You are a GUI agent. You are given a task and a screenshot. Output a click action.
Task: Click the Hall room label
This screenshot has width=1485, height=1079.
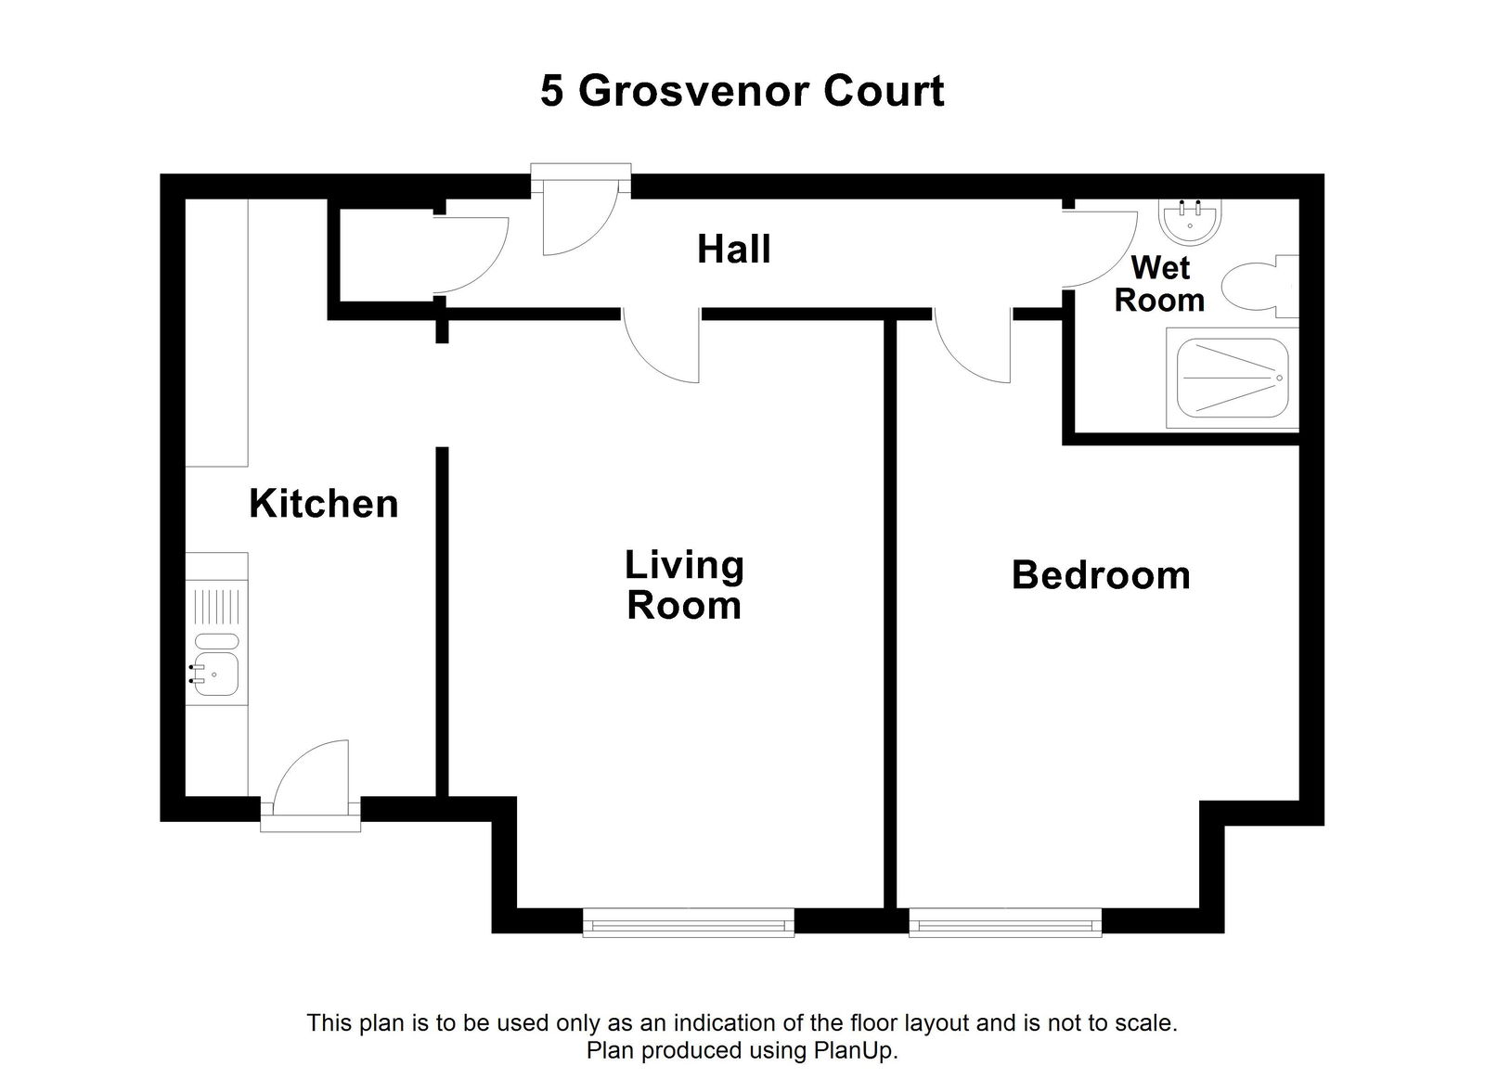(x=733, y=250)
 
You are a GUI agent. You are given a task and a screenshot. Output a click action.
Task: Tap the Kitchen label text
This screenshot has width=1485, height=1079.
(x=323, y=504)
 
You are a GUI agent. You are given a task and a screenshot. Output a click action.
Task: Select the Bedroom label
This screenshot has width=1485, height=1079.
(x=1101, y=575)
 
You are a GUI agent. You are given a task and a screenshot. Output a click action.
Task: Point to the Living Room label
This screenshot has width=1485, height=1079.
(x=684, y=584)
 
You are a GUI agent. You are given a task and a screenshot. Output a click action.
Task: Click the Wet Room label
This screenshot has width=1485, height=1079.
(x=1159, y=284)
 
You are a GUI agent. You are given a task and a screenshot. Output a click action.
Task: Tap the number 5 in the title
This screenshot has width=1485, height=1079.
(x=552, y=91)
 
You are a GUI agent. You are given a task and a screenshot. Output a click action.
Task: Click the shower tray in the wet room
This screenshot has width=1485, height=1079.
(x=1233, y=379)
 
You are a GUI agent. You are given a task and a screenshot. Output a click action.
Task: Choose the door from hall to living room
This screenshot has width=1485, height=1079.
(x=662, y=349)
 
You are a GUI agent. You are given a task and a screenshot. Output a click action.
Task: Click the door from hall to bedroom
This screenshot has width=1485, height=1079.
(x=974, y=349)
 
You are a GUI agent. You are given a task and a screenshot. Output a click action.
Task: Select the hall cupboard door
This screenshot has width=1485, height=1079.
(x=471, y=256)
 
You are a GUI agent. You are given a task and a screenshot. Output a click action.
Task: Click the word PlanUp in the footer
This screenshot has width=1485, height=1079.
(x=854, y=1051)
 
